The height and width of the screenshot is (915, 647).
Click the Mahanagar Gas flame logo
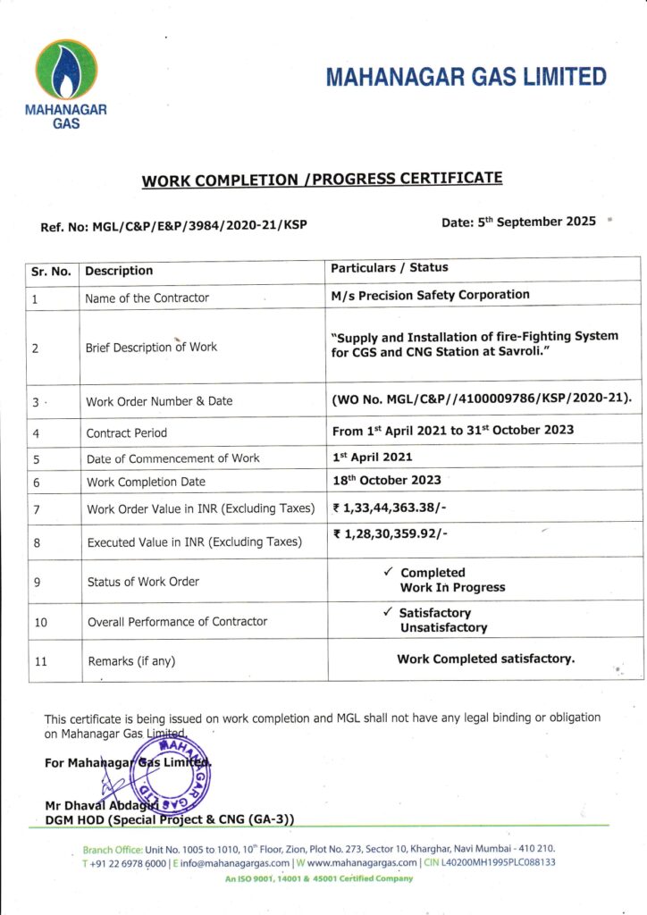[x=65, y=71]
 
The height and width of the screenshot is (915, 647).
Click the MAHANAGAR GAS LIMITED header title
[x=466, y=78]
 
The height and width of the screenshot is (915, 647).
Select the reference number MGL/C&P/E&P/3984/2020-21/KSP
[x=173, y=226]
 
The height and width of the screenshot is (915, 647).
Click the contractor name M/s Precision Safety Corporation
[x=430, y=295]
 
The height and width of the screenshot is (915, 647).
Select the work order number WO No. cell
[x=481, y=397]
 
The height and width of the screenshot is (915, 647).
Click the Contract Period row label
[x=126, y=432]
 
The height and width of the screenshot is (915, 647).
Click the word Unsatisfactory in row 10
[x=443, y=628]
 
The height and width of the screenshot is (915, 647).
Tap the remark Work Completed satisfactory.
[x=485, y=659]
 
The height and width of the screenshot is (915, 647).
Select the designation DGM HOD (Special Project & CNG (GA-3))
[x=170, y=818]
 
